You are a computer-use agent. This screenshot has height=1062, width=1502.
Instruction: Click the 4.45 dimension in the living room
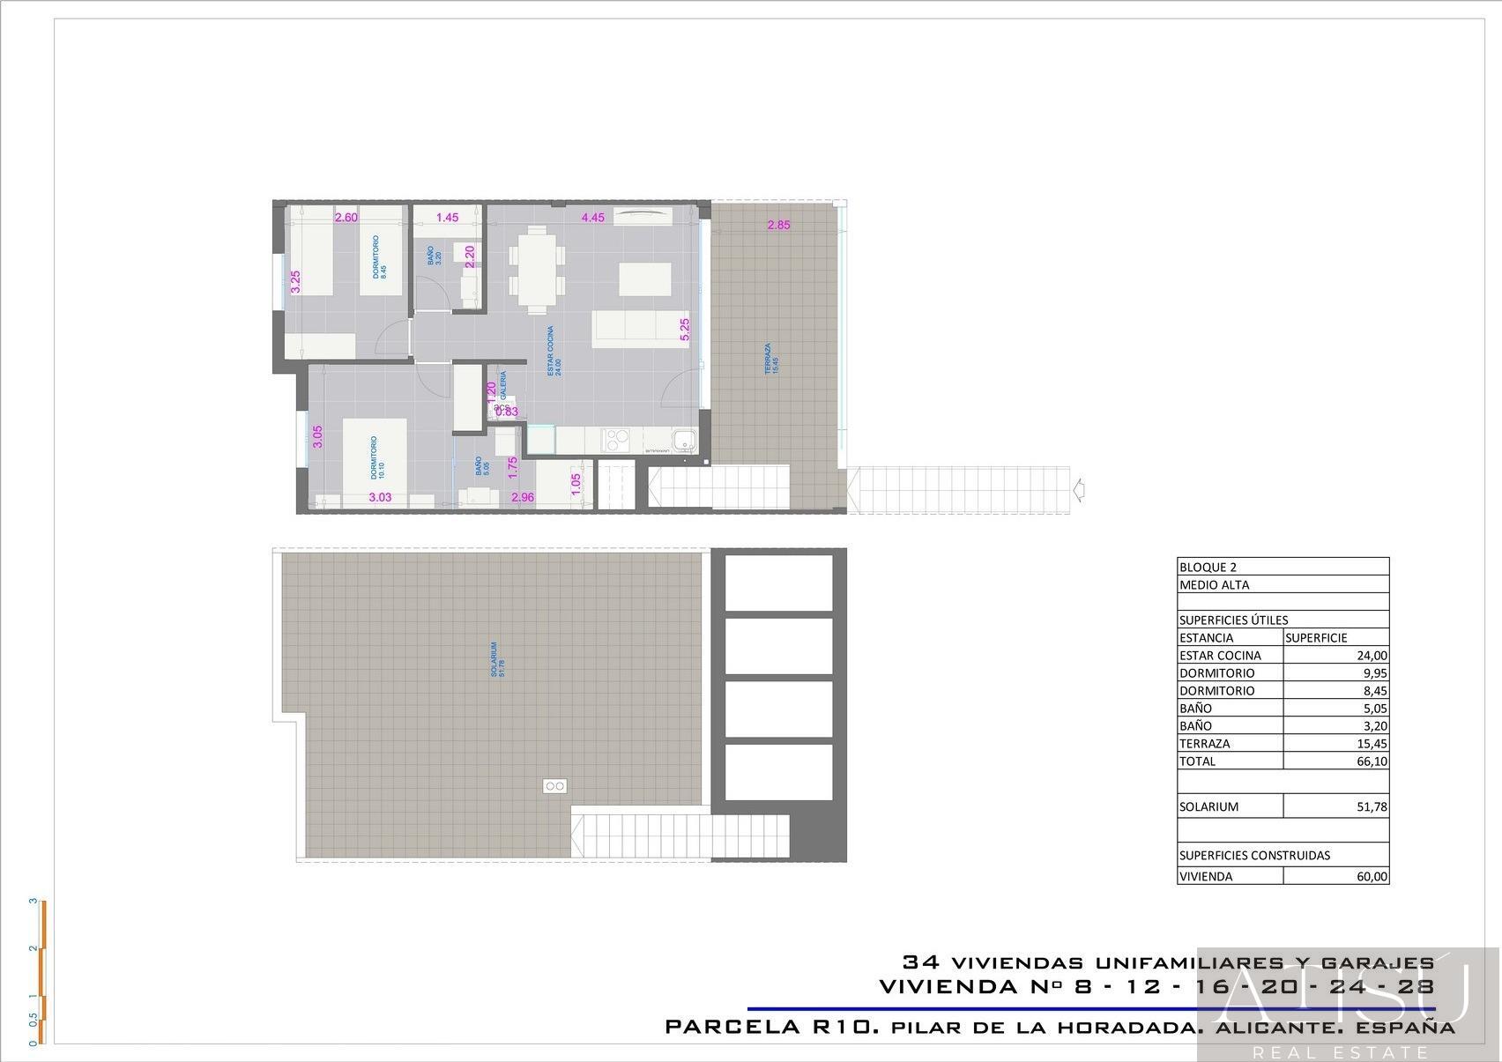[x=592, y=218]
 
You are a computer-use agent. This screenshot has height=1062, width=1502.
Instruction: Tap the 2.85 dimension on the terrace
[x=778, y=225]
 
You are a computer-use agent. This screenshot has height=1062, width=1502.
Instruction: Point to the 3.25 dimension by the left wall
[x=296, y=281]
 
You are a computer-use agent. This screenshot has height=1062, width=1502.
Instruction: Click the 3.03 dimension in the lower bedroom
[x=380, y=497]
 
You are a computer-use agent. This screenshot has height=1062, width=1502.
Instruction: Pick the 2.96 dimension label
[x=523, y=497]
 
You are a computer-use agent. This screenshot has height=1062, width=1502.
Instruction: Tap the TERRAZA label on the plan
[x=770, y=359]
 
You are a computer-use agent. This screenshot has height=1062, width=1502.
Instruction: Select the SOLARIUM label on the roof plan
[x=497, y=659]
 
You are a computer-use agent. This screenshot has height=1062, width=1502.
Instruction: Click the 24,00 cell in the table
[x=1372, y=656]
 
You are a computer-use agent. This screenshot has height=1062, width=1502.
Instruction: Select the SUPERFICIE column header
[x=1316, y=638]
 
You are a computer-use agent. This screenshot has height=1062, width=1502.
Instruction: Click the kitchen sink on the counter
[x=683, y=439]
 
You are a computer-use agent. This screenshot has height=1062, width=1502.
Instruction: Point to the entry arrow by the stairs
[x=1079, y=489]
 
